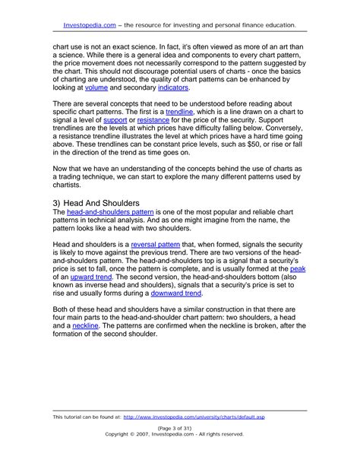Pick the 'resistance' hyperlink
coord(152,120)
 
